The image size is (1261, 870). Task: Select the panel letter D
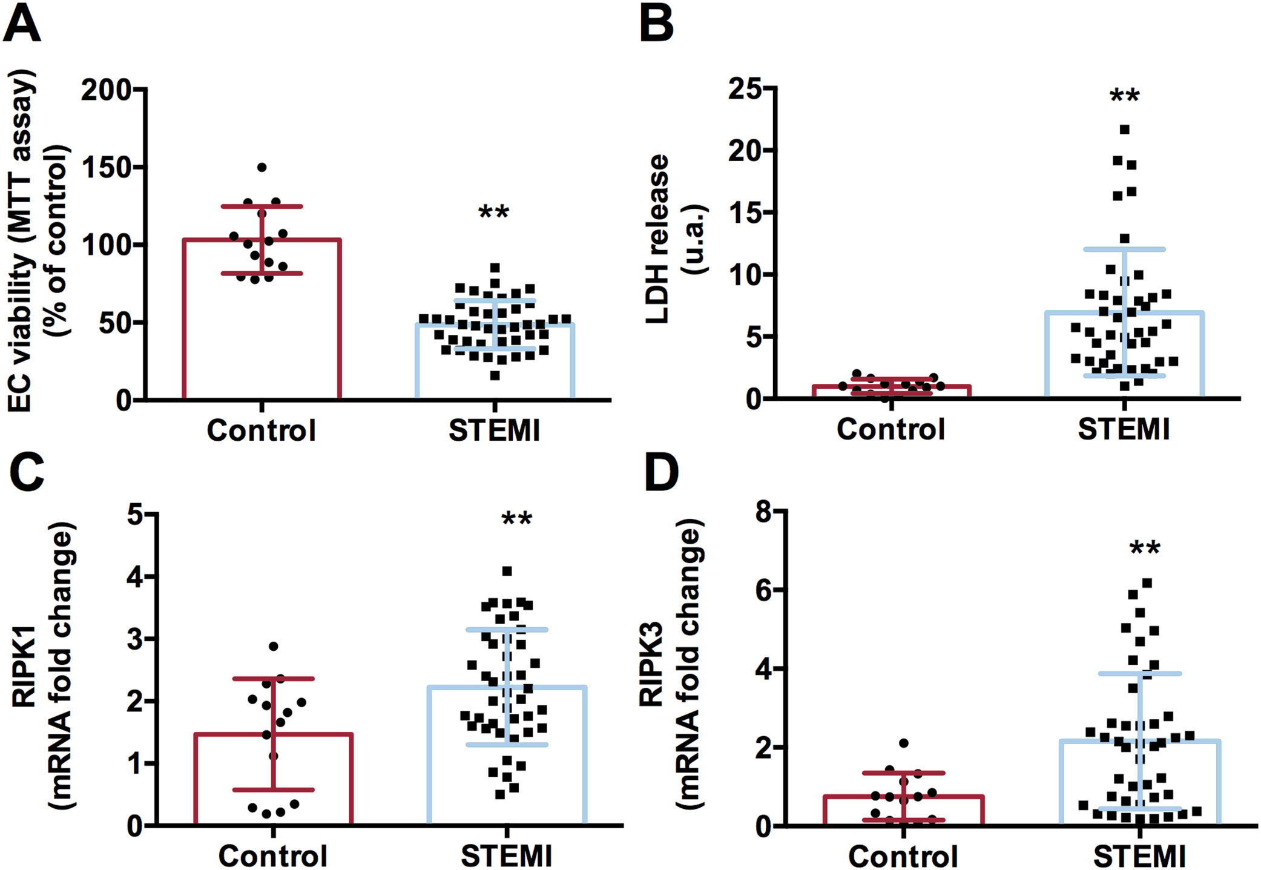coord(660,473)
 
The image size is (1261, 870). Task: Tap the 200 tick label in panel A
coord(107,90)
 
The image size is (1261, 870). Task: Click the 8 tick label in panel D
coord(764,512)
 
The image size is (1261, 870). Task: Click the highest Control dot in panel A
coord(262,167)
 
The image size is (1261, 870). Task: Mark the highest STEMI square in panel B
coord(1125,130)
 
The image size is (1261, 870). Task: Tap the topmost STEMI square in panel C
coord(507,571)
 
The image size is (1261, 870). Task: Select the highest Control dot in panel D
coord(904,743)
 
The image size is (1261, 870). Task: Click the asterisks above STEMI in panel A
coord(494,213)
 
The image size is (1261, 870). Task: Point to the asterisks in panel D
coord(1145,549)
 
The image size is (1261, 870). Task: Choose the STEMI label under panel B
coord(1124,429)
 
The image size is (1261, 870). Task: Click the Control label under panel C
coord(273,855)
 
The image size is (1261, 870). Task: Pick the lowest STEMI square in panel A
coord(495,375)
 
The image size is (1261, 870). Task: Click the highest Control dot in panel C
coord(274,647)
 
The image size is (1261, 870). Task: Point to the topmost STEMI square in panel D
coord(1147,583)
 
